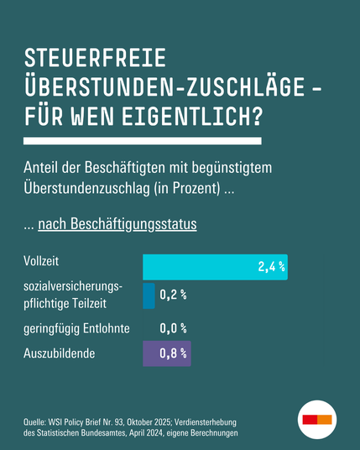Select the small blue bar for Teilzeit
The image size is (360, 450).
(x=149, y=296)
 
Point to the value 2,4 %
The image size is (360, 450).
(x=271, y=268)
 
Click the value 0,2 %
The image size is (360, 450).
(x=173, y=296)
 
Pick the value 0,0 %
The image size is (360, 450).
(x=173, y=328)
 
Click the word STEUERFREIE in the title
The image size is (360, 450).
(x=96, y=58)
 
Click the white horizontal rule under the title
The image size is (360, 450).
(x=143, y=140)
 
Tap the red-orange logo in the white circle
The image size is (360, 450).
(x=317, y=418)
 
